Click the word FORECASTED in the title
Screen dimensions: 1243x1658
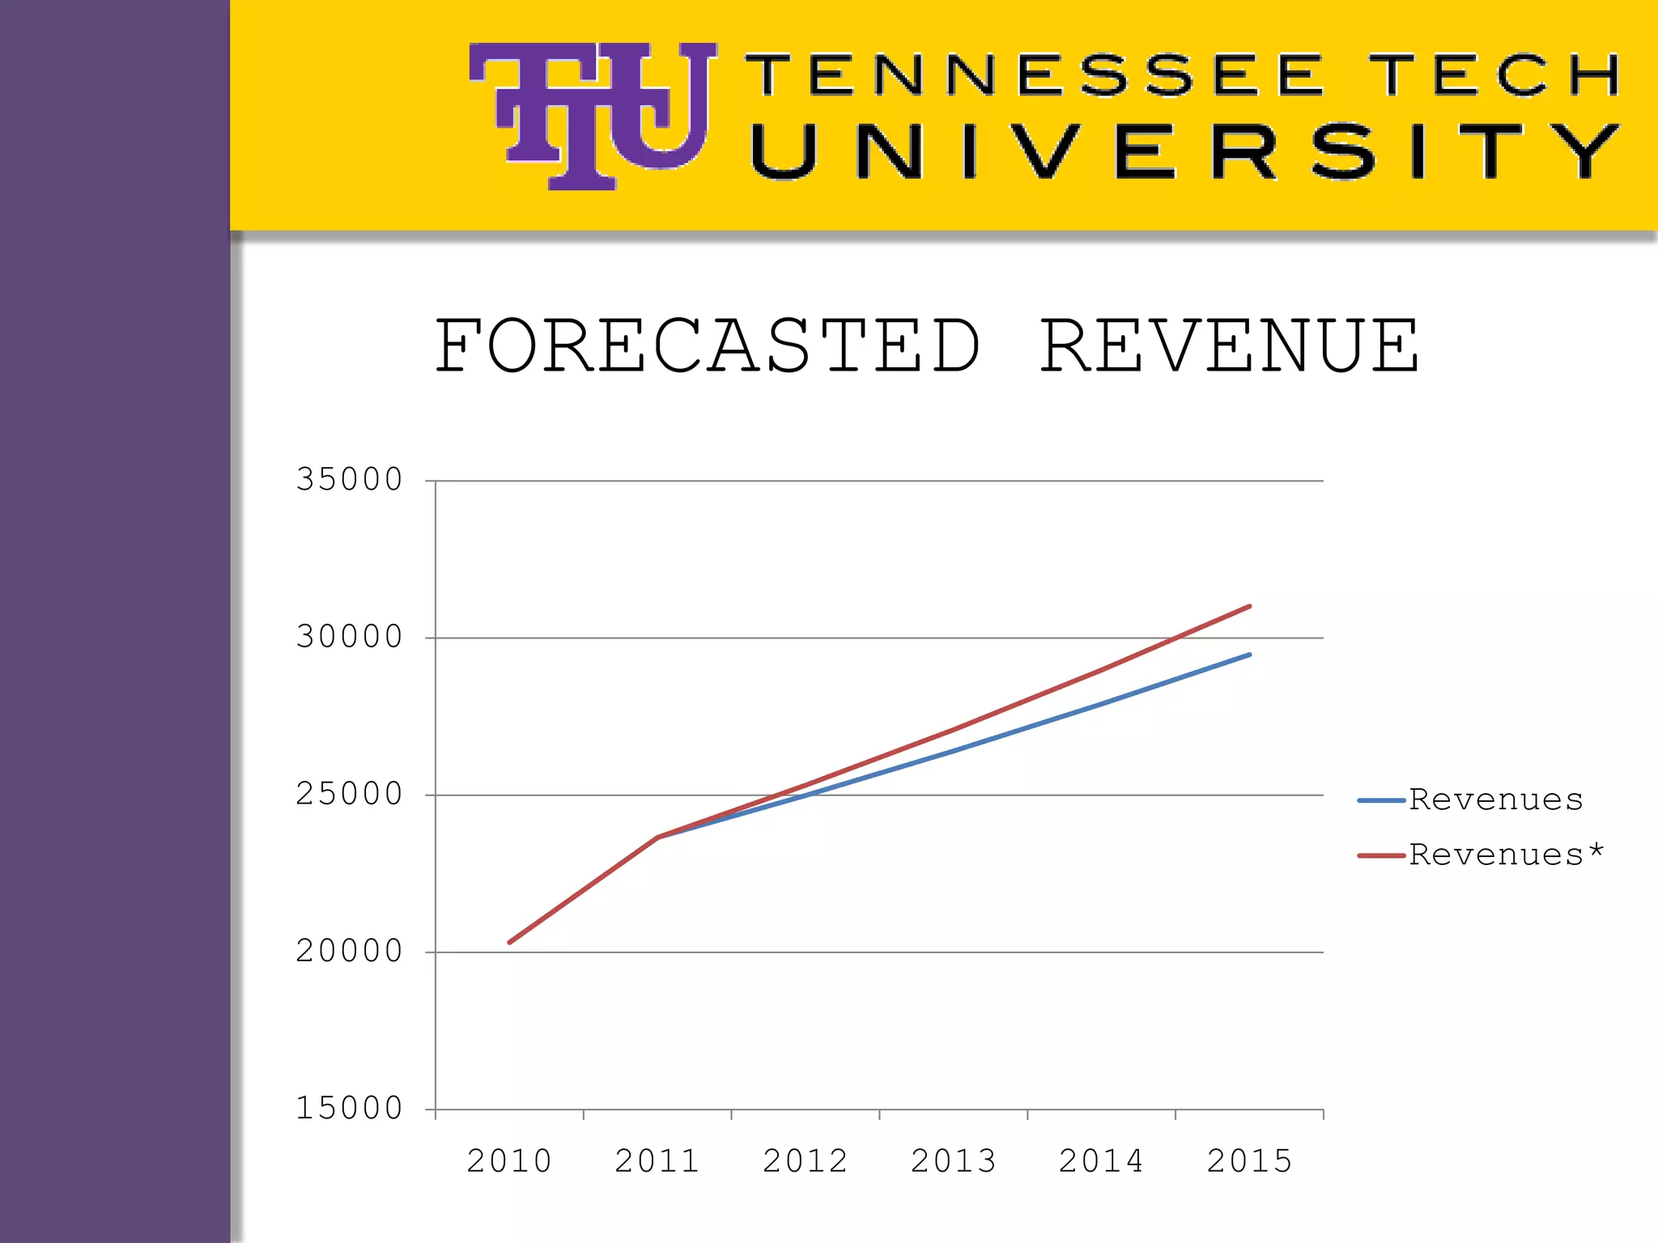[x=708, y=346]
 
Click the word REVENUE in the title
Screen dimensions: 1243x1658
[x=1229, y=346]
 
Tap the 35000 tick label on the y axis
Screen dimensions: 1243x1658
[x=350, y=480]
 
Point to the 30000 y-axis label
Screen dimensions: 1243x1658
[x=350, y=637]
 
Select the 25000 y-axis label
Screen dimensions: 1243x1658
[x=350, y=794]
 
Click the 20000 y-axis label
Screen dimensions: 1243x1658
[x=350, y=951]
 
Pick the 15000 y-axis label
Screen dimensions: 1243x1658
[x=350, y=1108]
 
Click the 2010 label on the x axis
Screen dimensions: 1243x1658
[x=509, y=1161]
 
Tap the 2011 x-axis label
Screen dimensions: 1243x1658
[x=657, y=1161]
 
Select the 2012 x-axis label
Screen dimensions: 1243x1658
[x=806, y=1161]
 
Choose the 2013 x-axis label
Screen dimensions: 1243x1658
[x=954, y=1161]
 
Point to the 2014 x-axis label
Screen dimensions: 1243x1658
[x=1102, y=1161]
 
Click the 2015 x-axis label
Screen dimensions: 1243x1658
[x=1250, y=1161]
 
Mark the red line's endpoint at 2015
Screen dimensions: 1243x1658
[x=1249, y=606]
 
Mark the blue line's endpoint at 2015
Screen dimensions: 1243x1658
[x=1249, y=655]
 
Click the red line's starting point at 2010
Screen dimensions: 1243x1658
[x=510, y=942]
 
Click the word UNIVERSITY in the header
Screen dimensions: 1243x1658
[x=1186, y=152]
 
